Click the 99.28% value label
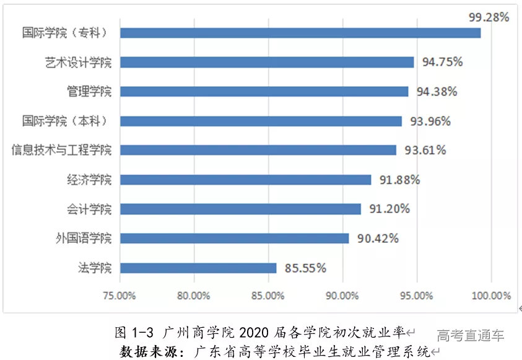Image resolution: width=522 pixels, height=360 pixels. click(x=489, y=17)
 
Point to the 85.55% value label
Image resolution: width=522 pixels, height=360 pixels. click(x=305, y=268)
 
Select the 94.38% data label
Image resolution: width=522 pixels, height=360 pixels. click(x=437, y=92)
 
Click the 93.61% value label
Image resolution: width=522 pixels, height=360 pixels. click(x=425, y=151)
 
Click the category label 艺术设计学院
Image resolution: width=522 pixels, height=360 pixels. click(x=78, y=62)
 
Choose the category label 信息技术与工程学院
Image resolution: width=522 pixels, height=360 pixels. click(x=62, y=150)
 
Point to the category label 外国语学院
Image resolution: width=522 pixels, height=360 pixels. click(x=84, y=239)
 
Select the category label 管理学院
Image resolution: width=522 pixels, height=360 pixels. click(x=89, y=92)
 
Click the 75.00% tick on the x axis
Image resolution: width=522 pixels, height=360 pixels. click(x=120, y=296)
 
